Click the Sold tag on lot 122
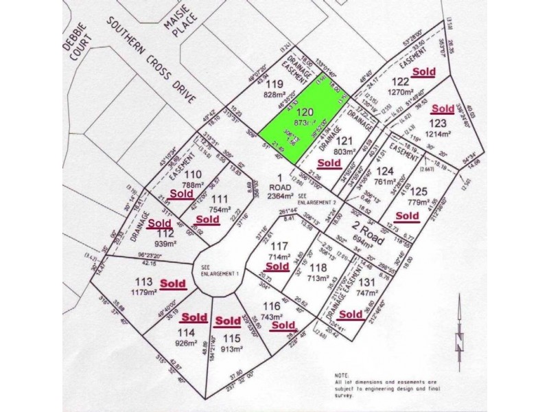tap(423, 71)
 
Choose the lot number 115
tap(231, 337)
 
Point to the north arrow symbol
tap(460, 340)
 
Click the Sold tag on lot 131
tap(351, 314)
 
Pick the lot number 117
tap(279, 247)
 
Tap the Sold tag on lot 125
tap(407, 216)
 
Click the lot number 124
tap(385, 172)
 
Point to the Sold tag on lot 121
tap(329, 163)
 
